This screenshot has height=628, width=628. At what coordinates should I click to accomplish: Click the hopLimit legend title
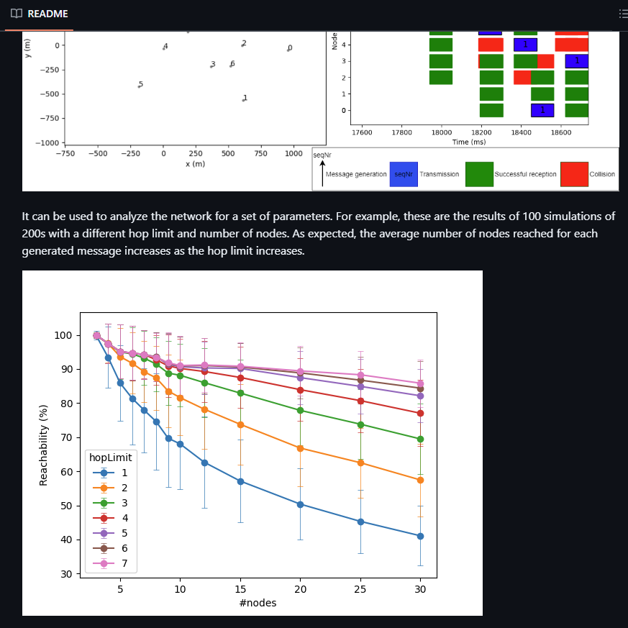tap(111, 458)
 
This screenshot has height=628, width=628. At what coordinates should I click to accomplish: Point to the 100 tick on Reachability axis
tap(63, 335)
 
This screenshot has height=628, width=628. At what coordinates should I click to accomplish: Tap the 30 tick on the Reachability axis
tap(65, 574)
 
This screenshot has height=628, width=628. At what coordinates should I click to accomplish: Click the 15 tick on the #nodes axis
tap(240, 589)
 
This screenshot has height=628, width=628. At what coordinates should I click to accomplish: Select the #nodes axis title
tap(258, 603)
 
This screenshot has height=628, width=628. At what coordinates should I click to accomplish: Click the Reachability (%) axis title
tap(43, 445)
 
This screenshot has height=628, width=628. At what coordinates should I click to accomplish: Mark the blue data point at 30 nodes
tap(420, 536)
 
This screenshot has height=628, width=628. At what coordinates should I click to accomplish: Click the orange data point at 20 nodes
tap(300, 448)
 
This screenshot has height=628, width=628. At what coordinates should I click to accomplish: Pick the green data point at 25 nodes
tap(360, 424)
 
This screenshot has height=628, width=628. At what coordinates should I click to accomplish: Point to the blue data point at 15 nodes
tap(240, 481)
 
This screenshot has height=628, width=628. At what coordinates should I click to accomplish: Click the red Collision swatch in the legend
tap(574, 174)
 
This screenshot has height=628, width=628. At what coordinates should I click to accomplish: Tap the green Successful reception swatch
tap(479, 174)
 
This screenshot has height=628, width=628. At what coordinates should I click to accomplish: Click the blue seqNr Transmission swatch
tap(403, 174)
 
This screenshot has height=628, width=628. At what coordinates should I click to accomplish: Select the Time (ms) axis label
tap(470, 142)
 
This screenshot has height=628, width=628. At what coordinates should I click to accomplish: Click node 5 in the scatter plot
tap(140, 86)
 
